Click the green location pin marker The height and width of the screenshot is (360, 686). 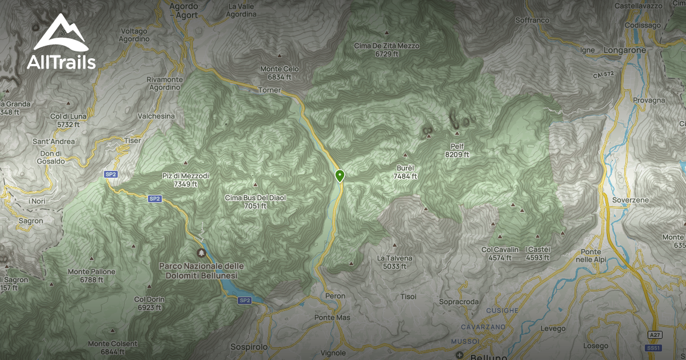(340, 175)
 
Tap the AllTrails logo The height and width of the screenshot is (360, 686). (61, 43)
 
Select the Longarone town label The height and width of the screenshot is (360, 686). (625, 50)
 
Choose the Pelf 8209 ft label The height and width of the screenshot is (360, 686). (457, 150)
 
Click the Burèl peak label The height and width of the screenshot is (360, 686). (405, 172)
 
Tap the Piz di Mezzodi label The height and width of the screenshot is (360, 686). (186, 180)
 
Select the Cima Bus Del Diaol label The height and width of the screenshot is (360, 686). (255, 202)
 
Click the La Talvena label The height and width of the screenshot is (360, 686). (394, 262)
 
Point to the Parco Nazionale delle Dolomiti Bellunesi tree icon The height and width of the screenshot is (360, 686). (201, 253)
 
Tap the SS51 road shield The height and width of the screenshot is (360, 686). (652, 347)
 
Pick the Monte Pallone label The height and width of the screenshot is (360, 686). (91, 275)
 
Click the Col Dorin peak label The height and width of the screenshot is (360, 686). (149, 303)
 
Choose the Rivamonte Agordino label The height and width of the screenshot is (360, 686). (164, 83)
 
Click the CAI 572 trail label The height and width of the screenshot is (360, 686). (603, 75)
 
